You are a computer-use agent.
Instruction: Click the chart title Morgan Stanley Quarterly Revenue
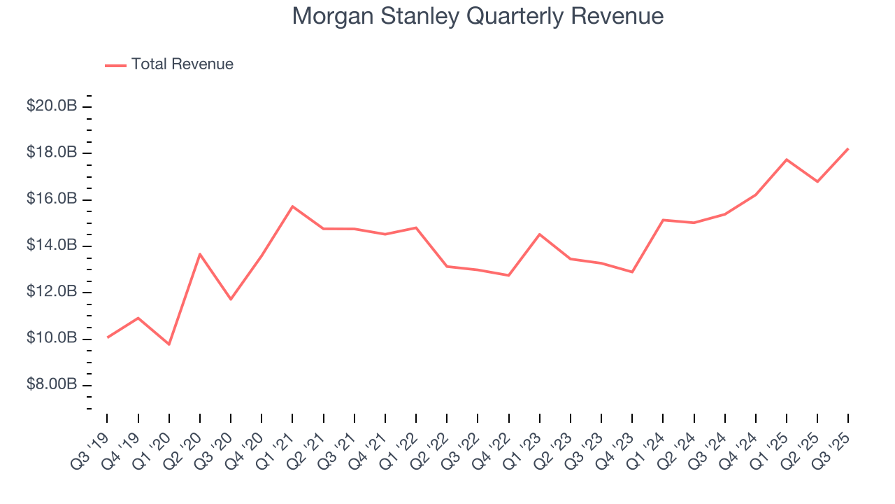coord(478,15)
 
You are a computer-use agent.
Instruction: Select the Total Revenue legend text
coord(182,64)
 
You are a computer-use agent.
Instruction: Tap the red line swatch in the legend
coord(115,65)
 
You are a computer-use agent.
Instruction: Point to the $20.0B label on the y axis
coord(52,106)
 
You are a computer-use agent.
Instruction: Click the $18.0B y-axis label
coord(52,153)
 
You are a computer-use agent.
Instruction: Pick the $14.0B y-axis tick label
coord(52,246)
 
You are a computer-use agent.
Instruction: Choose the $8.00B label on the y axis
coord(52,385)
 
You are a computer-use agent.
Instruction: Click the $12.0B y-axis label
coord(52,292)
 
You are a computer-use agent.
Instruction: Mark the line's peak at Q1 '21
coord(292,206)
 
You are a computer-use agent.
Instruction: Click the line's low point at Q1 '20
coord(169,344)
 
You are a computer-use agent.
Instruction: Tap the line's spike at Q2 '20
coord(200,254)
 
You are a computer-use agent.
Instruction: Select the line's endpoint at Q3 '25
coord(848,148)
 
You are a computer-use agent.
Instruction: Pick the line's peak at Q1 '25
coord(787,160)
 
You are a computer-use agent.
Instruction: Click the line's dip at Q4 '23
coord(632,272)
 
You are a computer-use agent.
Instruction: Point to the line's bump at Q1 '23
coord(540,234)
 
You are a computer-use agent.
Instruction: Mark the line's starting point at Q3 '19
coord(108,337)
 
